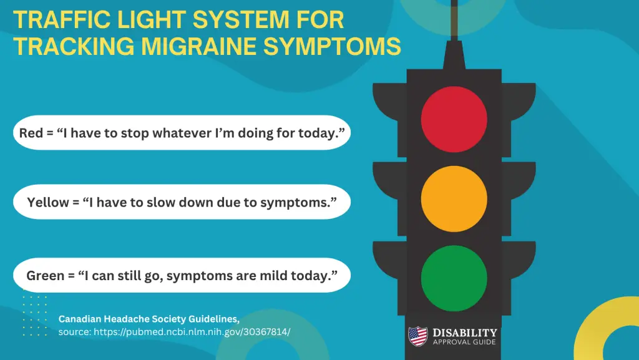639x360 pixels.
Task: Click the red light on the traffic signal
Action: point(454,119)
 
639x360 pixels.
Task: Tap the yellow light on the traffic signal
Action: point(454,198)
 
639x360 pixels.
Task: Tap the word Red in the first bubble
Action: point(31,132)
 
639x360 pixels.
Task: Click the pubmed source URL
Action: point(192,332)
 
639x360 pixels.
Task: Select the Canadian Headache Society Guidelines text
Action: point(149,319)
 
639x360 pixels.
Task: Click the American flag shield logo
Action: point(417,336)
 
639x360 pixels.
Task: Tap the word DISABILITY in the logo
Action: point(465,333)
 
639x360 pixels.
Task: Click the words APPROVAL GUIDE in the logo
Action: point(465,342)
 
